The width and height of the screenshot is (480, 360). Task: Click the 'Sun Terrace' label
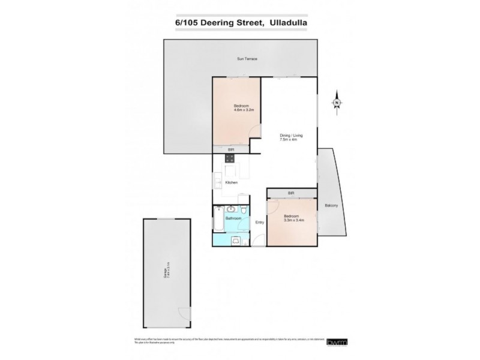pos(244,58)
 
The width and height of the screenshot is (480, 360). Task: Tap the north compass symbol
pos(337,103)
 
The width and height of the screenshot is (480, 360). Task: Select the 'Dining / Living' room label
pos(291,137)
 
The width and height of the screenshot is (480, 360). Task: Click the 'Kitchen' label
pos(231,182)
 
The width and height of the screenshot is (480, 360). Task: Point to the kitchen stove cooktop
pos(229,158)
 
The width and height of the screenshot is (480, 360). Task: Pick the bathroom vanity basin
pos(231,209)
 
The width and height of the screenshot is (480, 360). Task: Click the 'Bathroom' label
pos(233,218)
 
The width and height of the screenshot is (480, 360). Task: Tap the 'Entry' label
pos(259,223)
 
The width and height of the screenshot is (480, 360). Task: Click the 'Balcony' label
pos(331,206)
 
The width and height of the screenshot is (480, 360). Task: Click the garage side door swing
pos(184,313)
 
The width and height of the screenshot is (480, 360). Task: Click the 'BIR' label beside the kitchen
pos(230,149)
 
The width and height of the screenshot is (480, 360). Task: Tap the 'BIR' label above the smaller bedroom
pos(291,193)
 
